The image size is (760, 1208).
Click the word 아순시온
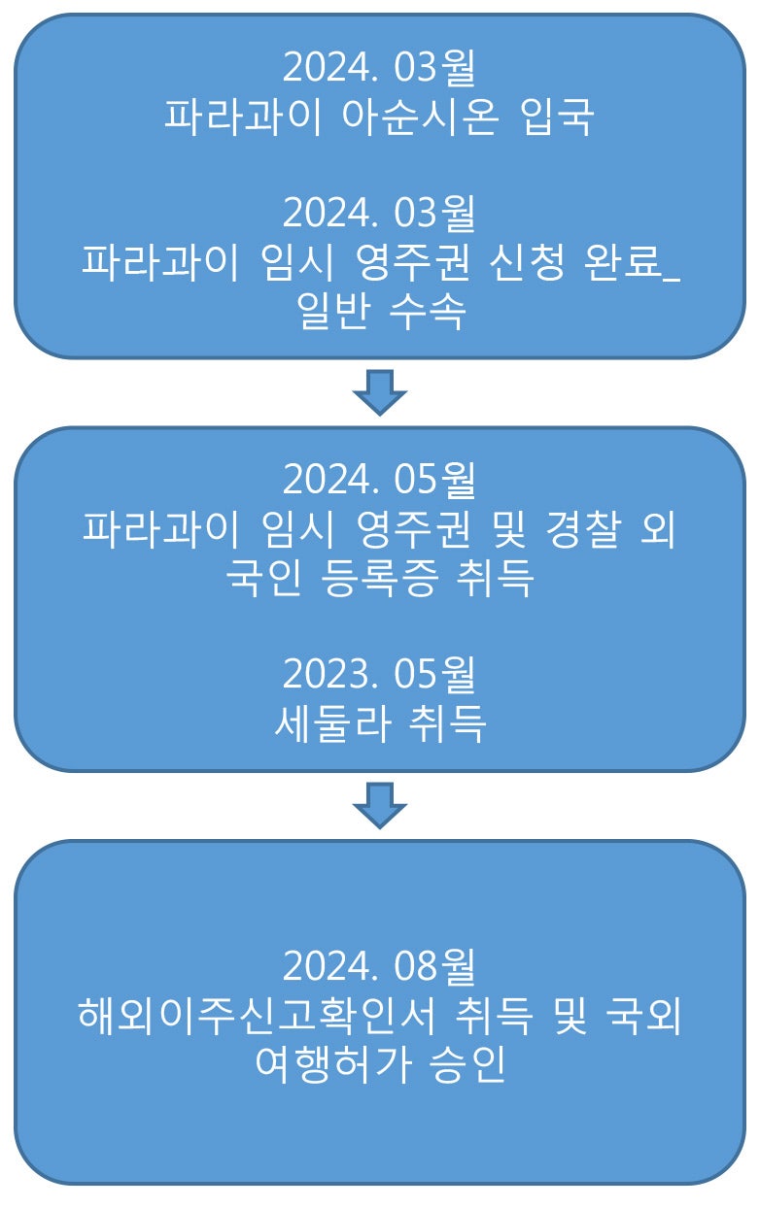coord(421,117)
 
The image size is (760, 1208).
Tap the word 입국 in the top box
coord(558,117)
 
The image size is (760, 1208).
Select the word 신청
coord(527,261)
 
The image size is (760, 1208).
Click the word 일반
coord(333,311)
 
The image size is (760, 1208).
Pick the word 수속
coord(428,311)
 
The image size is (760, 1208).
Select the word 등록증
coord(379,578)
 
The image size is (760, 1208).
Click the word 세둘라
coord(333,723)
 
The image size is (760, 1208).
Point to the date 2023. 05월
coord(379,674)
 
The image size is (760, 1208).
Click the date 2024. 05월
coord(379,480)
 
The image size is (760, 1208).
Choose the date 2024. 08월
coord(379,966)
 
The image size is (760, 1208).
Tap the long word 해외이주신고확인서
coord(256,1015)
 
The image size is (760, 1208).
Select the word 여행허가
coord(333,1064)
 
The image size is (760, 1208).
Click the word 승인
coord(467,1064)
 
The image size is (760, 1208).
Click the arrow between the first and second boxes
coord(379,392)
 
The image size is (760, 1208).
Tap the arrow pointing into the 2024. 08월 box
coord(379,806)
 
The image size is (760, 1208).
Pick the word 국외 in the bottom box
coord(643,1015)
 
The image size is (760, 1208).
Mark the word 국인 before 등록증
coord(262,578)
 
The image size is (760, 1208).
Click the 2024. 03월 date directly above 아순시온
coord(379,68)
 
